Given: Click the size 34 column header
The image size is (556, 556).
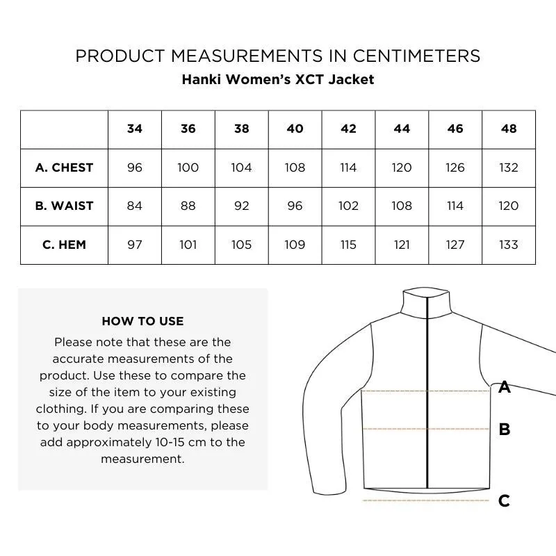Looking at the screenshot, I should pyautogui.click(x=135, y=129).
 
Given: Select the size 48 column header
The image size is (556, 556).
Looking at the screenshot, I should pyautogui.click(x=509, y=129).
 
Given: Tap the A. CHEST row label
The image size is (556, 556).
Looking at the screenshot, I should pyautogui.click(x=64, y=167).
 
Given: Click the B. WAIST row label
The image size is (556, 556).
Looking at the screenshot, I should pyautogui.click(x=64, y=206).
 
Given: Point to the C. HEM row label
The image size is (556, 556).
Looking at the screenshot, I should pyautogui.click(x=64, y=245).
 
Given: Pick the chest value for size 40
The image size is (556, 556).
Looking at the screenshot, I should pyautogui.click(x=295, y=167).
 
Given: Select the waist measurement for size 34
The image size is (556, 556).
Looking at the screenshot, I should pyautogui.click(x=135, y=206).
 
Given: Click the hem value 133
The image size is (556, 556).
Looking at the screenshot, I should pyautogui.click(x=509, y=245).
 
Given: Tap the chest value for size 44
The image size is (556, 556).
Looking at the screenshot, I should pyautogui.click(x=402, y=167).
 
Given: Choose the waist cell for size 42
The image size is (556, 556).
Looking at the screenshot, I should pyautogui.click(x=348, y=206).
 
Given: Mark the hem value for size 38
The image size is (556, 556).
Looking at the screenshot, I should pyautogui.click(x=241, y=245).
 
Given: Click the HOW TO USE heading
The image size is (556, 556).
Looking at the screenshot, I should pyautogui.click(x=142, y=321).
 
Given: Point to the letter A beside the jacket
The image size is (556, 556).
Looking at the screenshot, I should pyautogui.click(x=505, y=388).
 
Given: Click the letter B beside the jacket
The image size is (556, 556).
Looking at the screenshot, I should pyautogui.click(x=505, y=430).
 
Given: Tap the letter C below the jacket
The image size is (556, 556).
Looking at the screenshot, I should pyautogui.click(x=505, y=500).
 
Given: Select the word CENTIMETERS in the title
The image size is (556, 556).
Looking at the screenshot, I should pyautogui.click(x=404, y=56).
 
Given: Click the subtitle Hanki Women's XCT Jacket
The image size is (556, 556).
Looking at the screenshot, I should pyautogui.click(x=278, y=79).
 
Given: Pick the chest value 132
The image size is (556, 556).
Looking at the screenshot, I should pyautogui.click(x=509, y=167).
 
